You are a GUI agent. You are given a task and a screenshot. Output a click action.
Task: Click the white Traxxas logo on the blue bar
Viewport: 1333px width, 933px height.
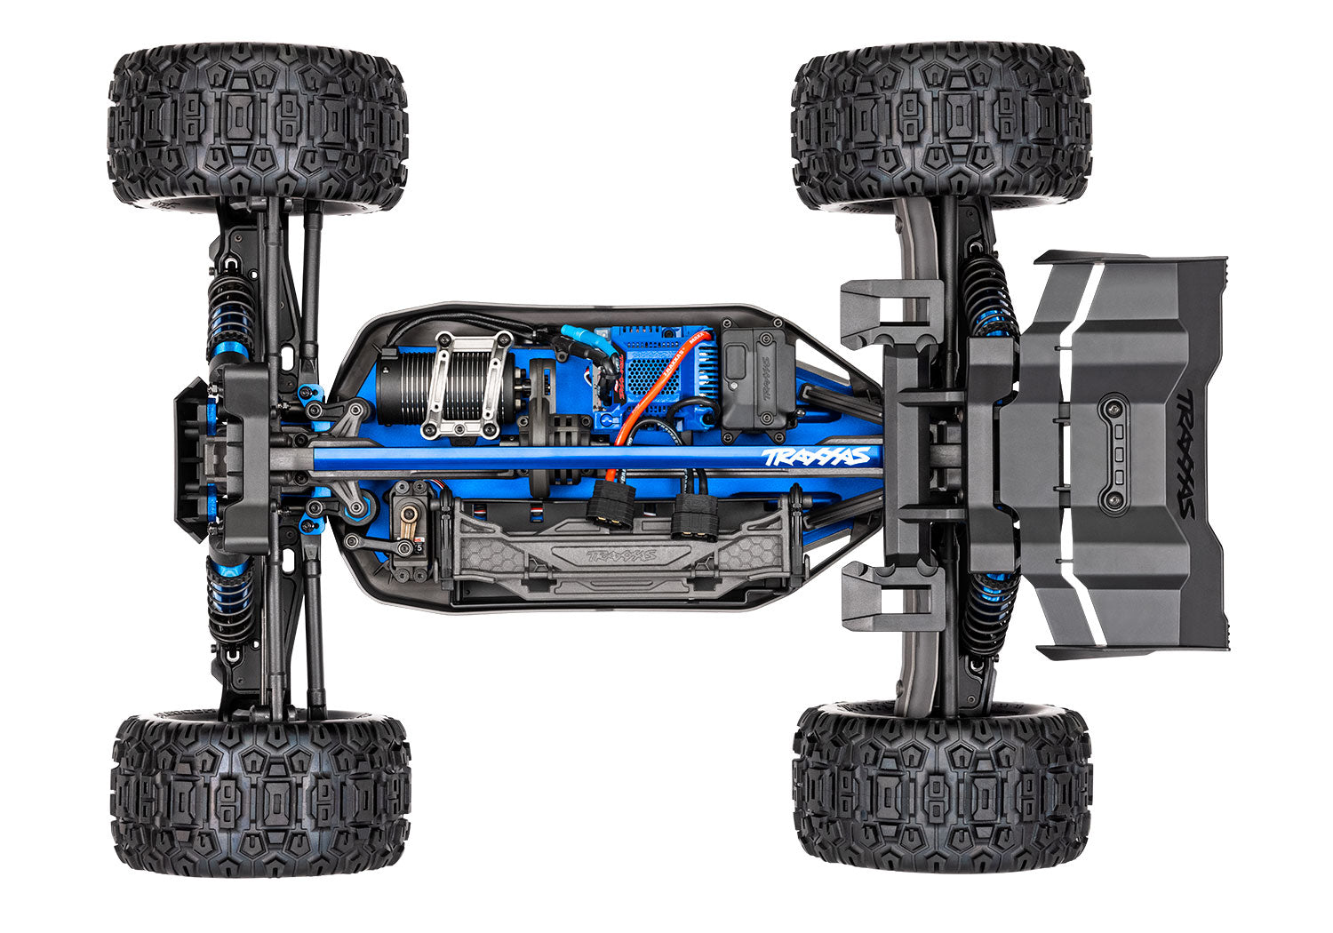pyautogui.click(x=815, y=457)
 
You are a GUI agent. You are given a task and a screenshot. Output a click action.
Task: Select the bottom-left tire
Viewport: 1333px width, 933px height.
pyautogui.click(x=259, y=793)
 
